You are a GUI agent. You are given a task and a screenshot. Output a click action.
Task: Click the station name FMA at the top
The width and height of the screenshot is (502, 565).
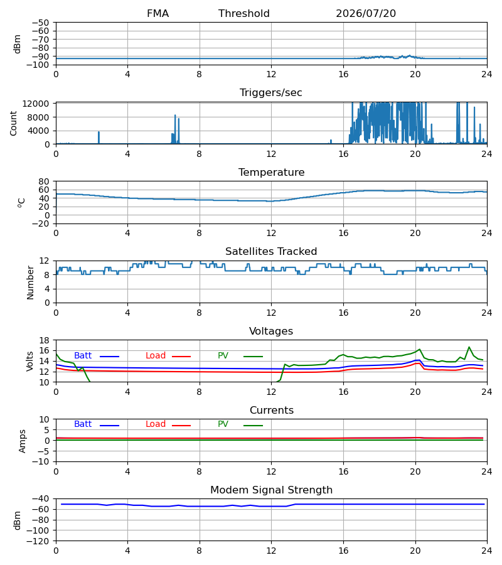[x=158, y=14]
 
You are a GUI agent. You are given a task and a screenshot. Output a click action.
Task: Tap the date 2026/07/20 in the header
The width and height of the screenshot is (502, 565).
[x=366, y=14]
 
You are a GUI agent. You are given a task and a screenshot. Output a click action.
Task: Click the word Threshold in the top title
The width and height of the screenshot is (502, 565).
[x=244, y=14]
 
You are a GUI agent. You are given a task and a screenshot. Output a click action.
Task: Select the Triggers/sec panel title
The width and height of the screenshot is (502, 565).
[x=271, y=93]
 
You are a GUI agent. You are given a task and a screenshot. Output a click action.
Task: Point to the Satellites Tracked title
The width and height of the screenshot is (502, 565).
[x=271, y=252]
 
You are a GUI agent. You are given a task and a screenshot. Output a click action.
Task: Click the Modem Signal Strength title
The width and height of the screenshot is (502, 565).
[x=272, y=490]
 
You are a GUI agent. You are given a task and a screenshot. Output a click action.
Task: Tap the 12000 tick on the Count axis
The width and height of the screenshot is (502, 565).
[x=36, y=104]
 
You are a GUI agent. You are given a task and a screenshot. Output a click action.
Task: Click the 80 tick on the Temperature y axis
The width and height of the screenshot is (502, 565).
[x=45, y=181]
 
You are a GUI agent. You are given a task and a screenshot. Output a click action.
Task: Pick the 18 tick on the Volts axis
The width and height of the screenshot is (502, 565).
[x=45, y=340]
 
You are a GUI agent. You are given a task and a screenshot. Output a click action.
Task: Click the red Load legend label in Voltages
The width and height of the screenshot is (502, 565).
[x=156, y=356]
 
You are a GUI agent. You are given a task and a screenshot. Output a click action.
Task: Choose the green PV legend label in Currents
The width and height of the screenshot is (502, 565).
[x=223, y=424]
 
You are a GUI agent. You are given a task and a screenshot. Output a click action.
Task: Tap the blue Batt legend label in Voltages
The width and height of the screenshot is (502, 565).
[x=83, y=356]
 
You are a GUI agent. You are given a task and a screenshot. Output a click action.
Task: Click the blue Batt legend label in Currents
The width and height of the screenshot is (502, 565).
[x=83, y=424]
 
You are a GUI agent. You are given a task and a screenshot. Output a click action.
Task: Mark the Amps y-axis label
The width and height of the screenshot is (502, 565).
[x=23, y=441]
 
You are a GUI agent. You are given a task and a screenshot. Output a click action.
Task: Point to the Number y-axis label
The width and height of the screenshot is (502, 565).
[x=30, y=282]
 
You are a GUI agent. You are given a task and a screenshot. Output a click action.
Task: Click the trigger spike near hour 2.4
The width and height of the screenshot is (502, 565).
[x=99, y=137]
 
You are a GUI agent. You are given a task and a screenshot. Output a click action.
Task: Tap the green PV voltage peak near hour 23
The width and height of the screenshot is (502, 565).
[x=469, y=347]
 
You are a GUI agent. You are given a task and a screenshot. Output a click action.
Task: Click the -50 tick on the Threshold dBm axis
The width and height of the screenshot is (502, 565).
[x=41, y=23]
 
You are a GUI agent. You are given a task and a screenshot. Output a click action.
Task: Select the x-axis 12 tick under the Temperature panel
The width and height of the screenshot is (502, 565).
[x=271, y=234]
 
